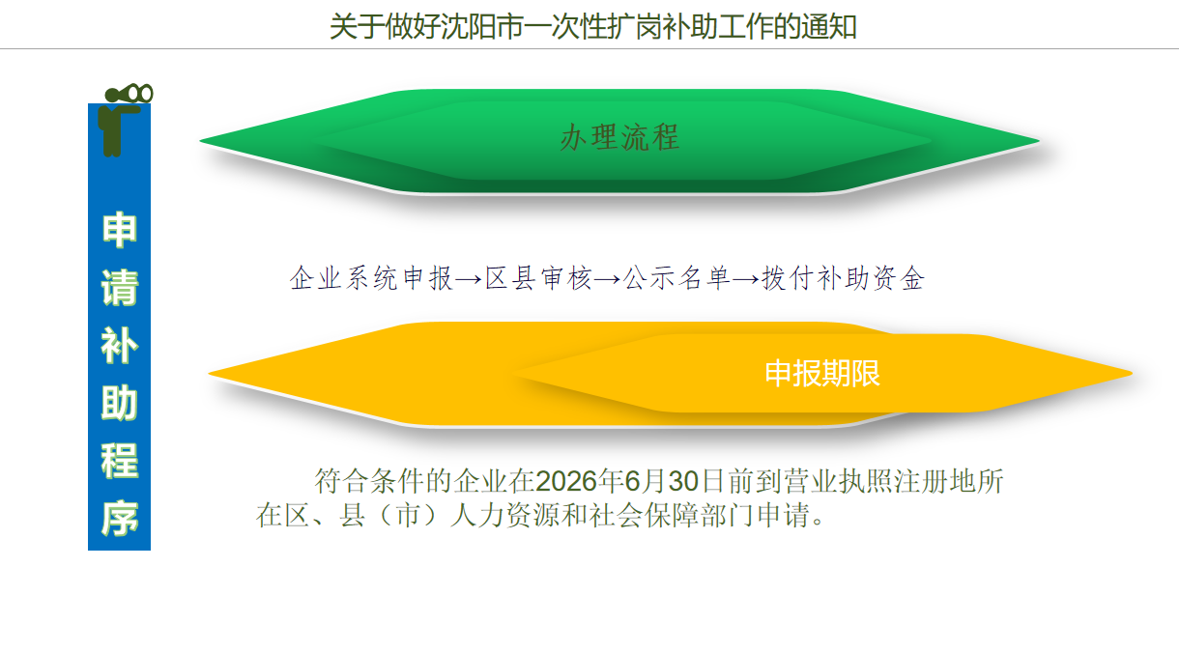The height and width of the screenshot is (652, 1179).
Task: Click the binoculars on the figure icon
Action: point(129,94)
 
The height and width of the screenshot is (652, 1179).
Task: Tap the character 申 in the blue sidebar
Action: point(120,230)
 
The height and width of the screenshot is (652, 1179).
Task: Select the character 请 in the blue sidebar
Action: point(120,287)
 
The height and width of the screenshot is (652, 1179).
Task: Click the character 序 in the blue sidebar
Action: point(120,519)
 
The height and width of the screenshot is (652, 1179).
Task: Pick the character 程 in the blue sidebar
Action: point(120,461)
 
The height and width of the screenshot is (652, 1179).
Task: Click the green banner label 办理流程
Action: point(619,138)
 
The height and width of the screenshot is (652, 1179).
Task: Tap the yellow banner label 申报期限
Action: point(822,374)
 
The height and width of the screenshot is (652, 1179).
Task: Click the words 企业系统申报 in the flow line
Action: point(371,278)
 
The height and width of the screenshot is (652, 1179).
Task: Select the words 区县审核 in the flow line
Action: point(538,278)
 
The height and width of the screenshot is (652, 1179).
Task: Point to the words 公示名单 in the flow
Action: point(676,278)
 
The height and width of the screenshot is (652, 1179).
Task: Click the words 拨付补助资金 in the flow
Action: point(843,278)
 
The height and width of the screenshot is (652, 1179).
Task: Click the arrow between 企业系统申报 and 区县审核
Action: point(469,279)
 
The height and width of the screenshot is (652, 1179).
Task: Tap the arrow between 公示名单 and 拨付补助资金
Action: point(746,279)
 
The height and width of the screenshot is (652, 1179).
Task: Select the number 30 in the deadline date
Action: point(683,481)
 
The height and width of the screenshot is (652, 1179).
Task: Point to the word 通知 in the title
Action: point(829,27)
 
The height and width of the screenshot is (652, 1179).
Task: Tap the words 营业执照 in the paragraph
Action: point(839,481)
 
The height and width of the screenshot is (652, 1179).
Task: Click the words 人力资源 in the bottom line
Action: point(504,515)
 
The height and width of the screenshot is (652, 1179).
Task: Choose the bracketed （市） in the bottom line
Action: point(409,515)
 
